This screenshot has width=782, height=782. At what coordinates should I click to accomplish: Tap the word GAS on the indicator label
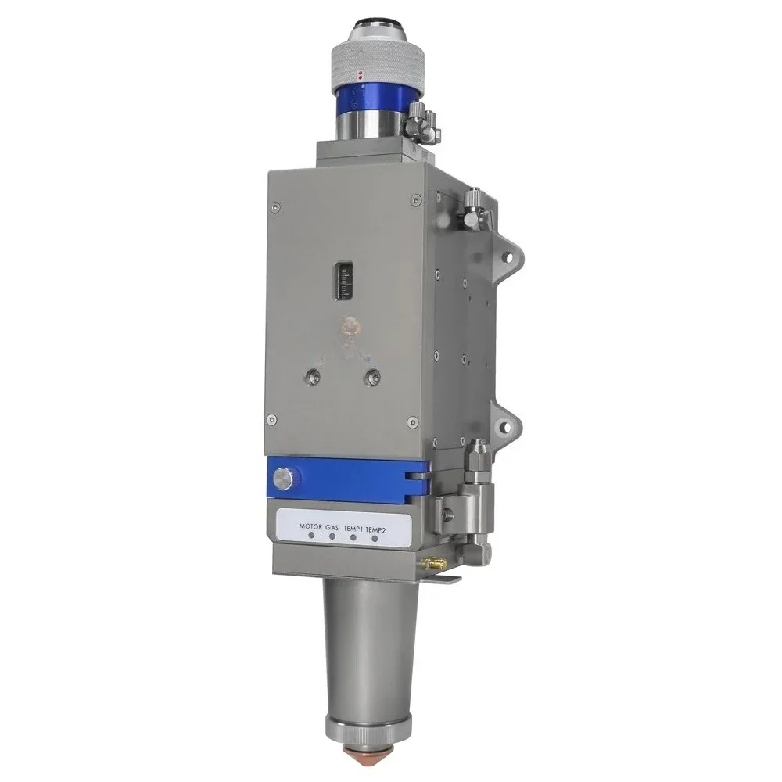click(x=333, y=528)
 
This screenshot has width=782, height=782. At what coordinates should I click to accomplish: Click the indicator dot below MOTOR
click(x=311, y=538)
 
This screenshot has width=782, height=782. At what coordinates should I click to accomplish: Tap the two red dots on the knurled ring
click(x=359, y=77)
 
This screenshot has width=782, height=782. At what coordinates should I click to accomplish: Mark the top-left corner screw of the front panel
click(x=275, y=207)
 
